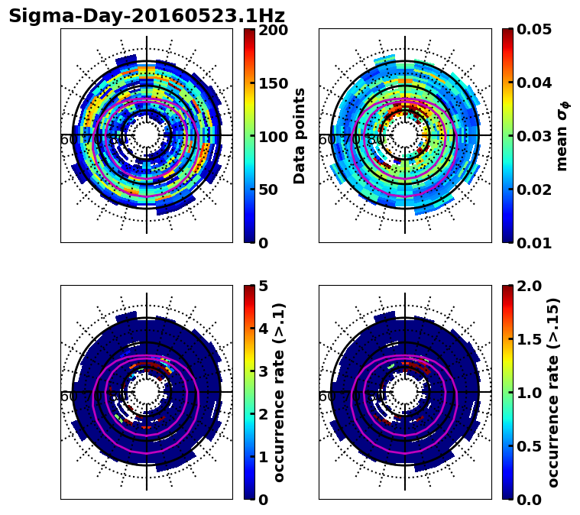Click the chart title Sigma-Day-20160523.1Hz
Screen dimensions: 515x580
pos(147,16)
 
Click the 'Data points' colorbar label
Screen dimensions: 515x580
pos(300,136)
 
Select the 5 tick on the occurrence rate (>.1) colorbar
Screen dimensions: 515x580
pos(262,287)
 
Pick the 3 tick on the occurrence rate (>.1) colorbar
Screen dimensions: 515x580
pos(262,372)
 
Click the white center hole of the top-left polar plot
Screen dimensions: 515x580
pos(147,135)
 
